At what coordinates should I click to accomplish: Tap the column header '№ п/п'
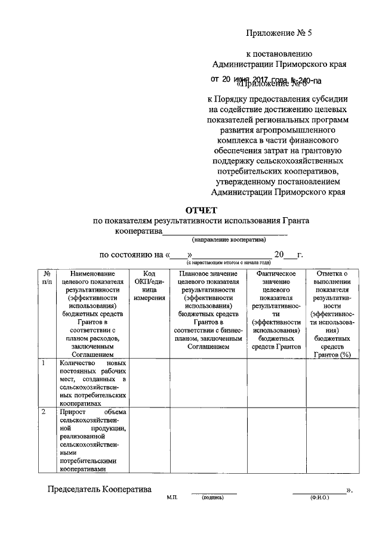coord(47,277)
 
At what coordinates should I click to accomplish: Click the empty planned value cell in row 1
coord(208,382)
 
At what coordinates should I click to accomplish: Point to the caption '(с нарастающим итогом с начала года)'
coord(229,263)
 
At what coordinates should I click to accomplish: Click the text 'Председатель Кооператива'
coord(99,490)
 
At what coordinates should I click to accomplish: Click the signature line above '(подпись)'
coord(214,492)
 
